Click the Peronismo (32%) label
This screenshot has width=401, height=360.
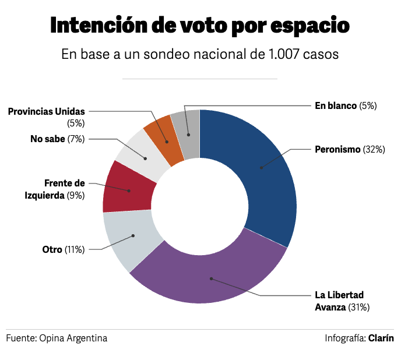350,149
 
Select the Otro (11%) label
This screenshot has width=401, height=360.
64,249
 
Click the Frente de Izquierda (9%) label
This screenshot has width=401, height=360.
55,189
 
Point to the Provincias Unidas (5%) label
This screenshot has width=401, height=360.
47,117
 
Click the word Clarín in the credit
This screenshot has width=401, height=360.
381,338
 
